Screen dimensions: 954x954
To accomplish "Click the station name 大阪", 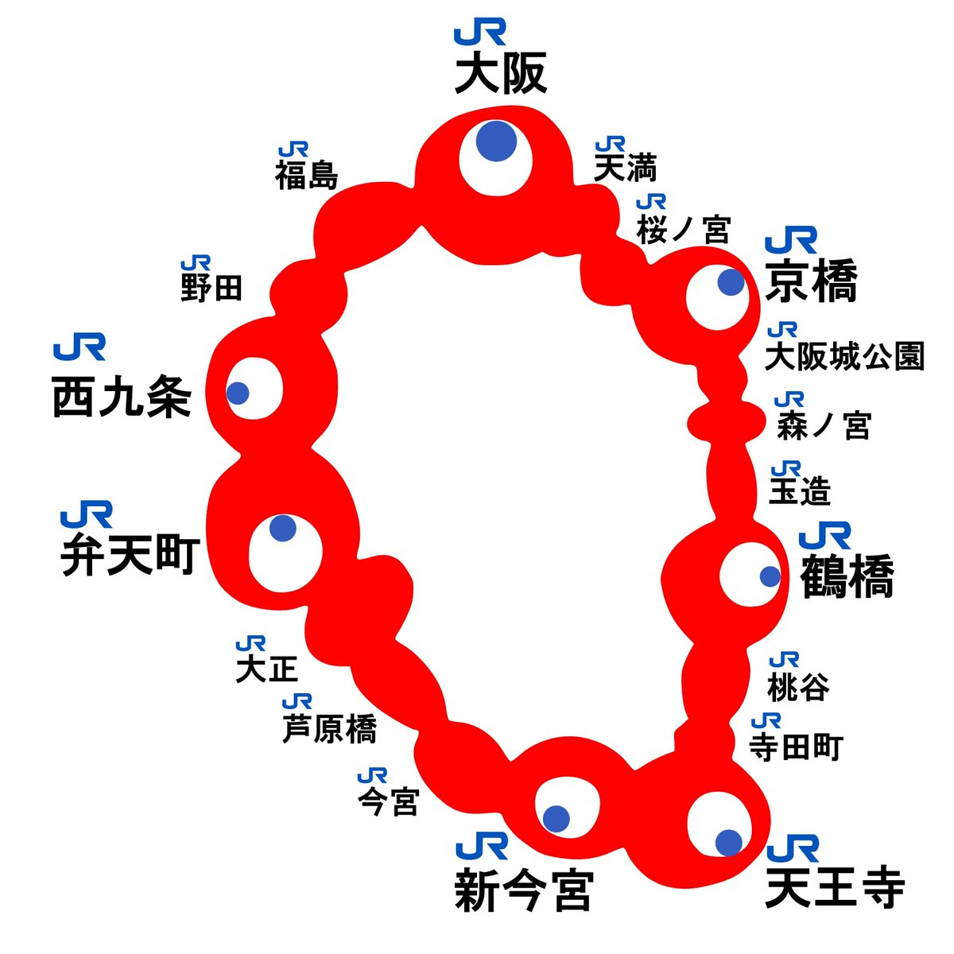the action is (x=501, y=76).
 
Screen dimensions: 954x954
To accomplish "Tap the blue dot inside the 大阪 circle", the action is (x=497, y=142).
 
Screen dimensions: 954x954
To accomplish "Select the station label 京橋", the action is (x=811, y=281).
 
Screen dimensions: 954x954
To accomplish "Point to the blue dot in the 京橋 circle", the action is (x=731, y=282).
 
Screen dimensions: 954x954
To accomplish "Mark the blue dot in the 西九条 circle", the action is (x=237, y=393).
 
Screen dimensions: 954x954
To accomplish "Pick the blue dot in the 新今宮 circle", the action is (x=556, y=819).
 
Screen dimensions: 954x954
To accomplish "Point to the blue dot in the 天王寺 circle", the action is (x=728, y=842).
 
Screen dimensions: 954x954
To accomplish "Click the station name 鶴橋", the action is (x=847, y=576).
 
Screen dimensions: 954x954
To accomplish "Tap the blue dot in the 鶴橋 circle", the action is (x=770, y=576).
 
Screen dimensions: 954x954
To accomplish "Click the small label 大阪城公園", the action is (x=844, y=357).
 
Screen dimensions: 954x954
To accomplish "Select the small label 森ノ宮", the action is (x=824, y=427).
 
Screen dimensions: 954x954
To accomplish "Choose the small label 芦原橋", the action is (x=330, y=729).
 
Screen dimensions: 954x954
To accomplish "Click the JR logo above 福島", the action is (x=293, y=150).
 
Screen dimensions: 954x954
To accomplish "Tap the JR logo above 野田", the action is (x=196, y=263).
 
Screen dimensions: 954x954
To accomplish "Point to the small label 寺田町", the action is (x=796, y=747).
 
